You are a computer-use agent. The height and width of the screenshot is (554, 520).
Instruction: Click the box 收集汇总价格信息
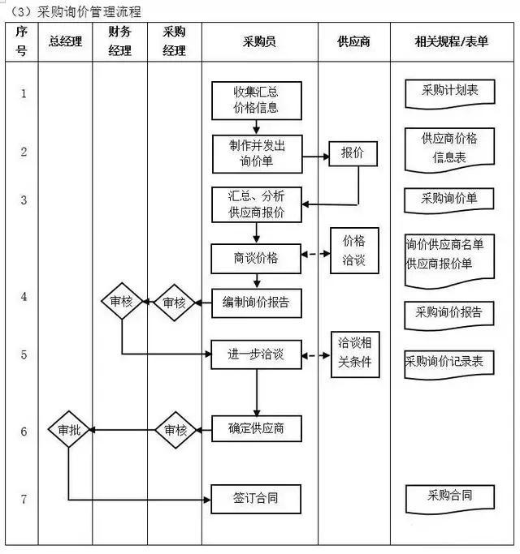tap(256, 100)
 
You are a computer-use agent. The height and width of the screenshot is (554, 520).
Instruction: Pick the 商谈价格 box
tap(256, 258)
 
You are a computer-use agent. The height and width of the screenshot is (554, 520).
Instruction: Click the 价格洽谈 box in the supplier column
tap(353, 250)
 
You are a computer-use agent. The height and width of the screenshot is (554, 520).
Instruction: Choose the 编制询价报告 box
tap(256, 303)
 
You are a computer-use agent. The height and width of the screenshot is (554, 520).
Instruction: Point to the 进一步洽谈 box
tap(256, 354)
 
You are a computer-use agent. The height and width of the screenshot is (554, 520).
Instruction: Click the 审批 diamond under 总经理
tap(68, 430)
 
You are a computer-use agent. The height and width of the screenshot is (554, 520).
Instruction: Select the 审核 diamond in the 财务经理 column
tap(121, 303)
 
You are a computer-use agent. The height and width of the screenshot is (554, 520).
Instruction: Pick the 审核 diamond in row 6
tap(175, 430)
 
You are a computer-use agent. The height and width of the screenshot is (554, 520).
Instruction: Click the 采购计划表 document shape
tap(449, 92)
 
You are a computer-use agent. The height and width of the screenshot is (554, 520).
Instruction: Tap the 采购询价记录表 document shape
tap(449, 363)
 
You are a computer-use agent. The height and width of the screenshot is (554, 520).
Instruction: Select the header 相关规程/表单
tap(451, 41)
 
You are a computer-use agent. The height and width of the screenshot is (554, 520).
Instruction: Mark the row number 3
tap(24, 200)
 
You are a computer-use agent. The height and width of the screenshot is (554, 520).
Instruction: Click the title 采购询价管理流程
tap(89, 11)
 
